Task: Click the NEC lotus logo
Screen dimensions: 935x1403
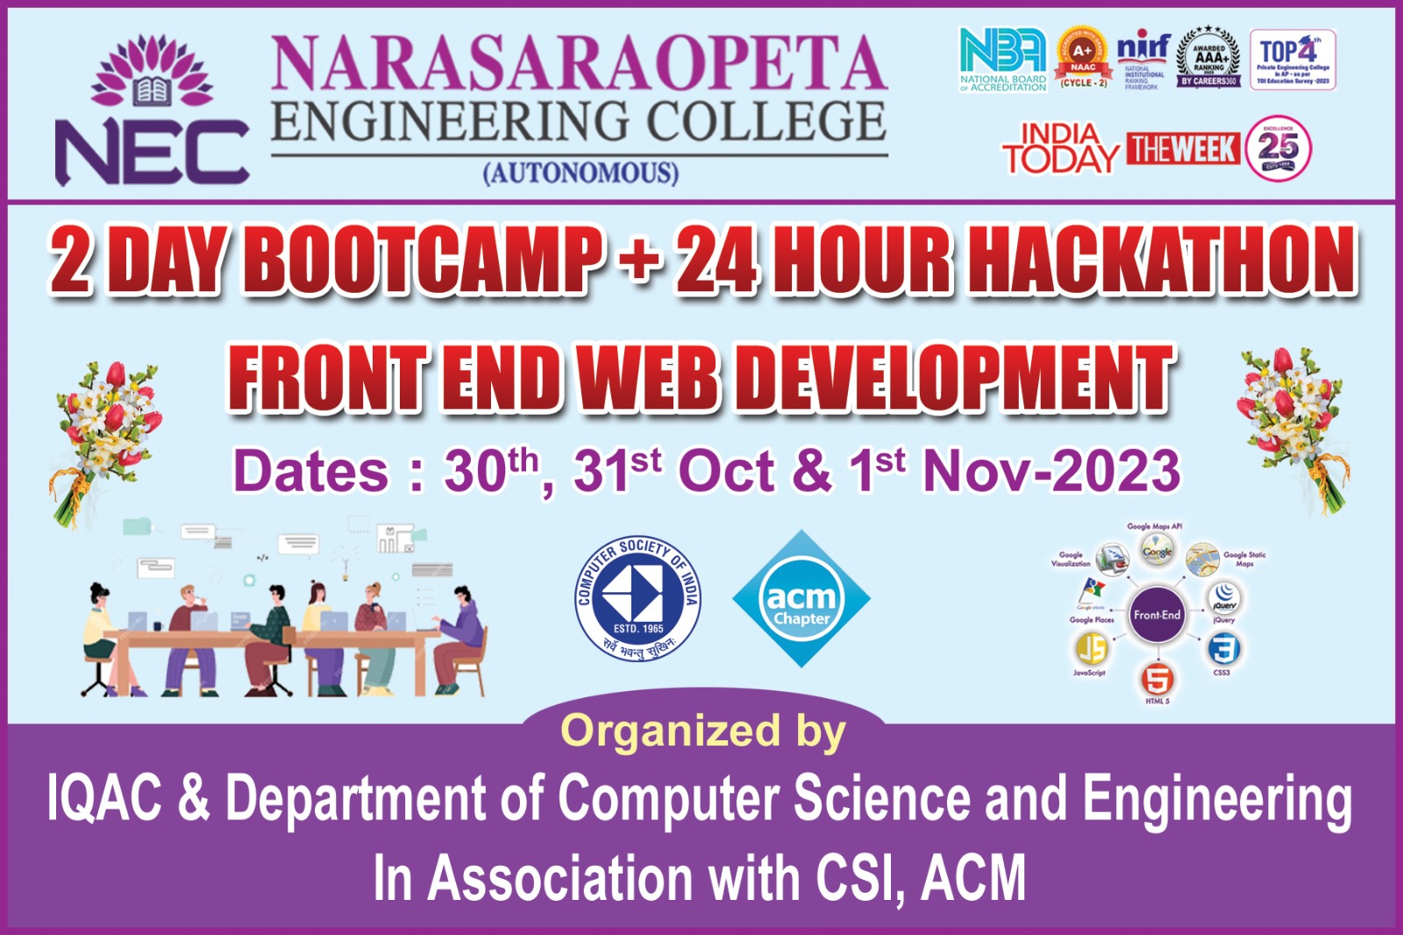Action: point(153,109)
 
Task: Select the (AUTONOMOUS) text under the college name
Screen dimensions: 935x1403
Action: point(580,172)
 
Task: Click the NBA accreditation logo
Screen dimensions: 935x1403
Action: point(1003,58)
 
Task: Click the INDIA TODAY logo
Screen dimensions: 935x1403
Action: point(1061,149)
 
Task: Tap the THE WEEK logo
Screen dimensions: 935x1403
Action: point(1182,149)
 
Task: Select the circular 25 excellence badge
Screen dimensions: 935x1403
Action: point(1278,148)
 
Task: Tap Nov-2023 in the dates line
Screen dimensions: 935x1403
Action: point(1051,471)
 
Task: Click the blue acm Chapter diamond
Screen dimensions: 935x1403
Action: point(801,598)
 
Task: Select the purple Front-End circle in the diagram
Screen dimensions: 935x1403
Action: point(1157,615)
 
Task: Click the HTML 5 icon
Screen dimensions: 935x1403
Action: point(1157,679)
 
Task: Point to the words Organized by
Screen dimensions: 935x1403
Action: point(703,731)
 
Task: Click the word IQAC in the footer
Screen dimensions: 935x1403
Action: point(104,798)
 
